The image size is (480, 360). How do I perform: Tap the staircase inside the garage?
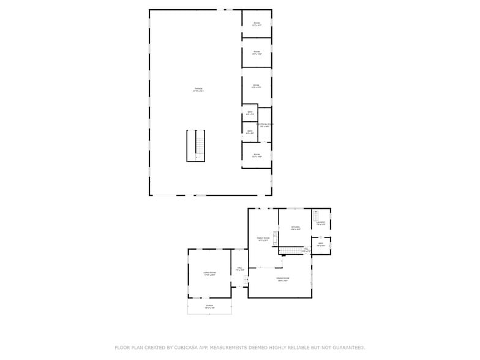196,146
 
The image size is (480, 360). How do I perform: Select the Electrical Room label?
265,125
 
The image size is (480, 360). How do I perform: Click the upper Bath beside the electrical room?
249,113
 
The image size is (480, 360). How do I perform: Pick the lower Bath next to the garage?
249,132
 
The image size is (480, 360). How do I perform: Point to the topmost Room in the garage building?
257,24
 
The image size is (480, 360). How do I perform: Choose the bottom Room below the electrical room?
257,155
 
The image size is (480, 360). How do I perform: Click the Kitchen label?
295,228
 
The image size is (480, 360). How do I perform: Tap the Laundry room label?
321,222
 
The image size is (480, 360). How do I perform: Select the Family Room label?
263,239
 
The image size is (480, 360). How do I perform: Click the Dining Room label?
283,279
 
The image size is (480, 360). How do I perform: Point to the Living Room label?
209,273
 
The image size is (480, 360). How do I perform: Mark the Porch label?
209,307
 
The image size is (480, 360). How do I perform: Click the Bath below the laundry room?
321,245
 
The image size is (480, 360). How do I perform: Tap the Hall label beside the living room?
240,269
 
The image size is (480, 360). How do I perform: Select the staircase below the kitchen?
293,250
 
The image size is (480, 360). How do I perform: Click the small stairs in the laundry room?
316,216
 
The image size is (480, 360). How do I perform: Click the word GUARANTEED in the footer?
346,348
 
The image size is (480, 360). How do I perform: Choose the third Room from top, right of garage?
257,86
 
